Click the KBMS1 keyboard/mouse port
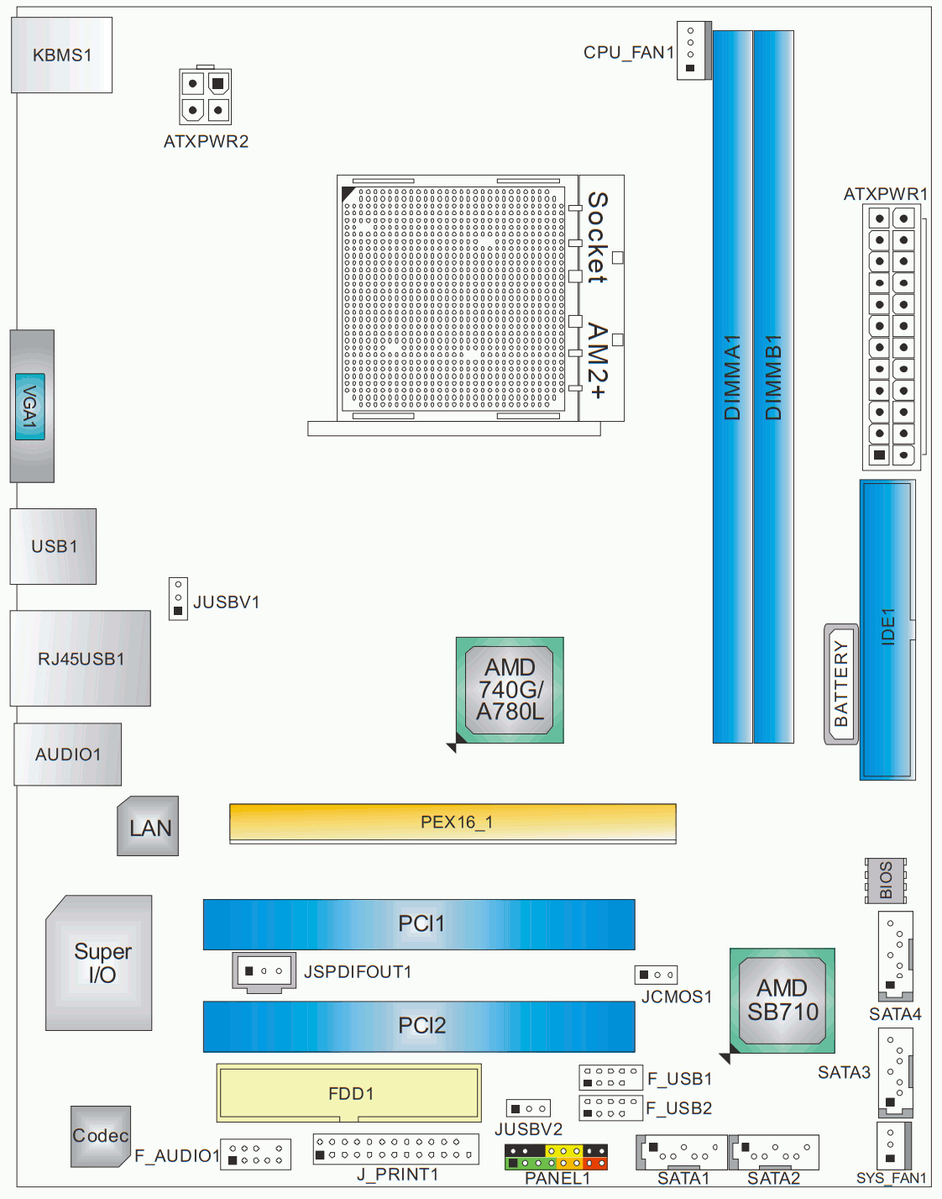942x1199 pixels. pos(61,55)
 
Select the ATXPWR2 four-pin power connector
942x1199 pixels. pos(205,96)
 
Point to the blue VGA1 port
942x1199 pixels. pos(30,407)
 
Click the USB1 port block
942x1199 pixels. pos(53,546)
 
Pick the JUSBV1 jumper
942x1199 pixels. pos(178,598)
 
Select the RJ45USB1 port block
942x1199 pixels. pos(81,659)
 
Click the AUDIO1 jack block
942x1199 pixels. pos(68,755)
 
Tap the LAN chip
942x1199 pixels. pos(149,827)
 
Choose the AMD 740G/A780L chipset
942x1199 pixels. pos(510,690)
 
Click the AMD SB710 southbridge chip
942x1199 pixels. pos(782,1000)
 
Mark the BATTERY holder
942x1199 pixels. pos(841,684)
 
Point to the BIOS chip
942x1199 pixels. pos(886,881)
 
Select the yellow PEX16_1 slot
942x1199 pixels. pos(453,822)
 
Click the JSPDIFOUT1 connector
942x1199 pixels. pos(264,971)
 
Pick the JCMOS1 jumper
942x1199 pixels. pos(656,975)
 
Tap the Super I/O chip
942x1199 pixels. pos(101,963)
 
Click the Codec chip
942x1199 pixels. pos(100,1136)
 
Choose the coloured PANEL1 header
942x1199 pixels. pos(556,1156)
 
